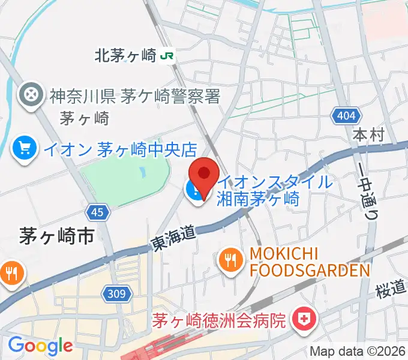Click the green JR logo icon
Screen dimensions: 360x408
tap(167, 56)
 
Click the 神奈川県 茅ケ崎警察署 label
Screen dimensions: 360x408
tap(135, 95)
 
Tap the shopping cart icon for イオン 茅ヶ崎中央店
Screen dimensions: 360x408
tap(25, 147)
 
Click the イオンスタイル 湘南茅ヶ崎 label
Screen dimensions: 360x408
tap(274, 190)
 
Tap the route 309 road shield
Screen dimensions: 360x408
tap(118, 293)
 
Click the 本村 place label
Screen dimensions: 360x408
tap(368, 135)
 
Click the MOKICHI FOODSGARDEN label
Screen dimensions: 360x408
tap(308, 262)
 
